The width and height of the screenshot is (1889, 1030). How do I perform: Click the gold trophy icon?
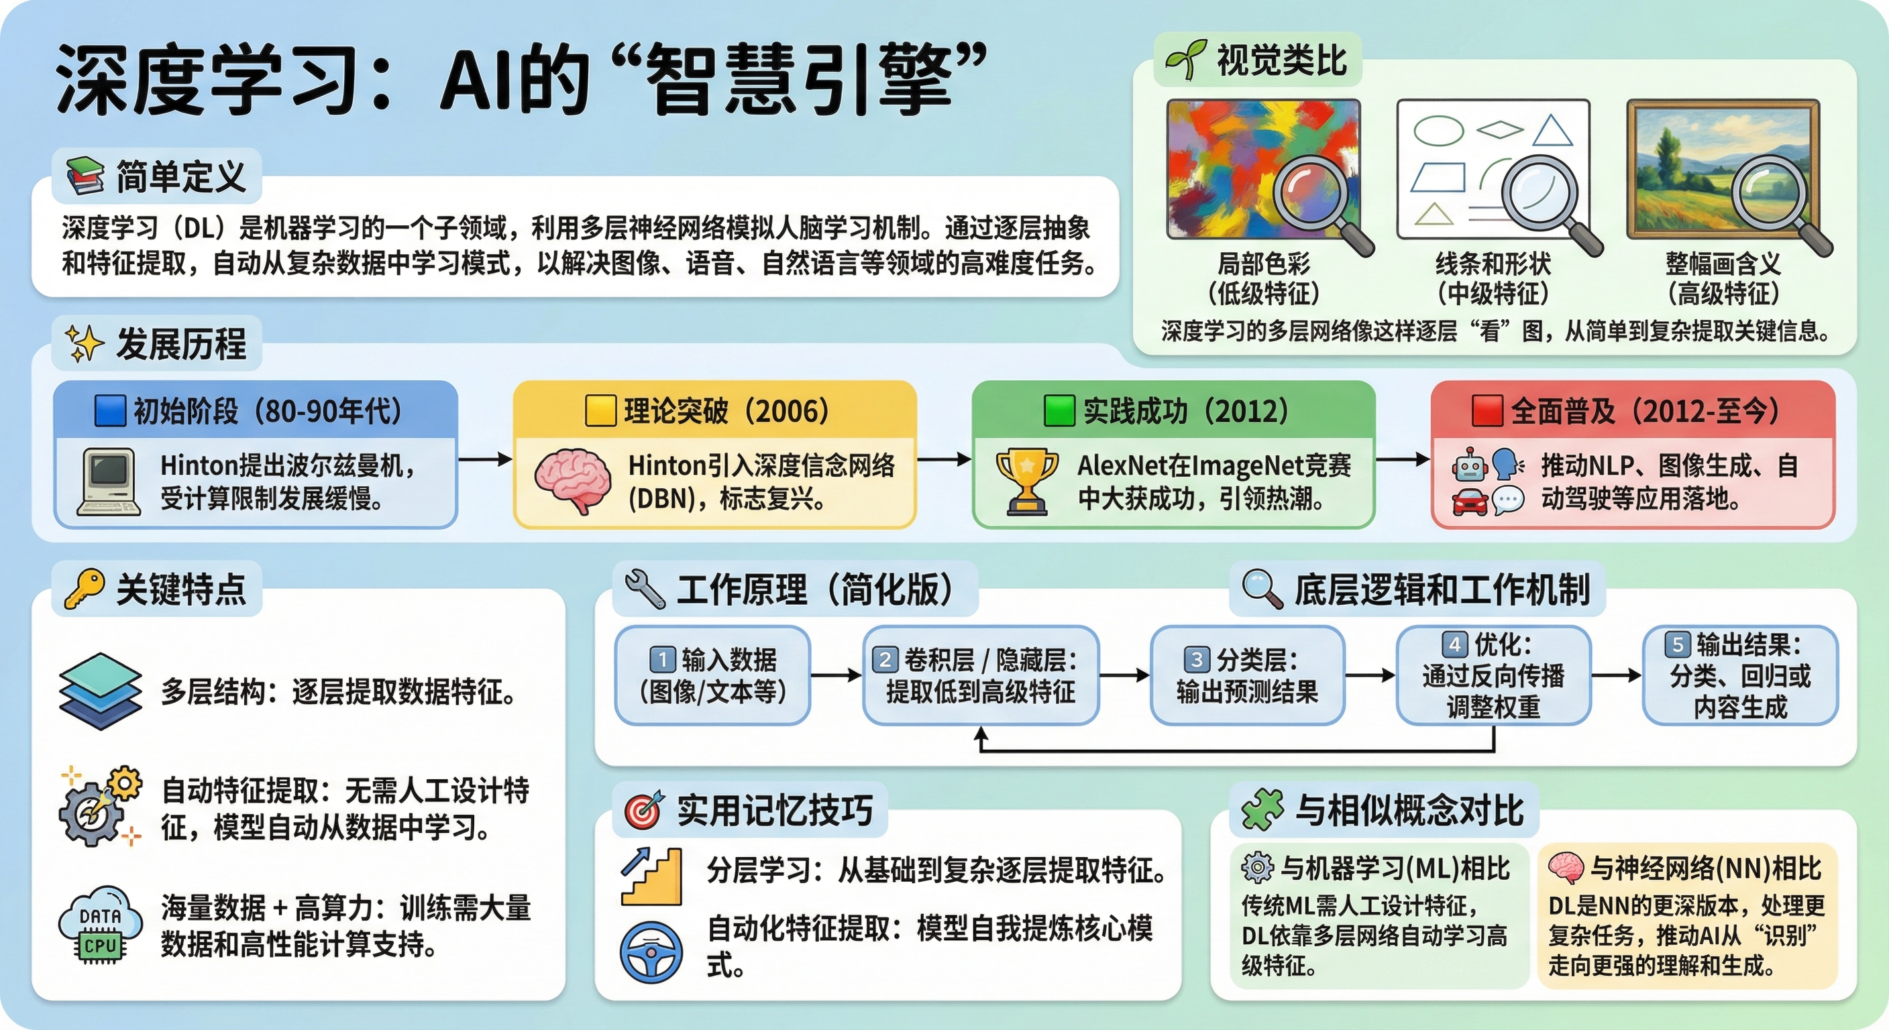click(1026, 480)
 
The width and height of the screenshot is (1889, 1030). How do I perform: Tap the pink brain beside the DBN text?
click(573, 481)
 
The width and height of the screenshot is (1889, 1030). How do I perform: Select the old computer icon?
click(109, 481)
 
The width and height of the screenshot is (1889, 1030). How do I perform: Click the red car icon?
click(1470, 502)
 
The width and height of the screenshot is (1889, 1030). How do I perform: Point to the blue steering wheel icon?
click(651, 952)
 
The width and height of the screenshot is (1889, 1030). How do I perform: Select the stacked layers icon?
click(101, 691)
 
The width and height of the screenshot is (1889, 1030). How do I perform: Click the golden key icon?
click(84, 589)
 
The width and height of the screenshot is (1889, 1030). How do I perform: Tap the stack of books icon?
click(85, 176)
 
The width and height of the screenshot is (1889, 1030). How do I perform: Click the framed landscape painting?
click(1723, 170)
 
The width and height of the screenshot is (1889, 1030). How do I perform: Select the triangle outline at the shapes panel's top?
click(1553, 131)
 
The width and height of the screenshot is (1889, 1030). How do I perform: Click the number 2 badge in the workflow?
click(885, 659)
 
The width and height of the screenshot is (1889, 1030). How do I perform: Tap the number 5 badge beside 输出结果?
click(1677, 644)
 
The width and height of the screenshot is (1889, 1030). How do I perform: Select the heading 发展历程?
click(180, 344)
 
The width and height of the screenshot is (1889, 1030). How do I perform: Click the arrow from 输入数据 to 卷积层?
click(836, 675)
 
